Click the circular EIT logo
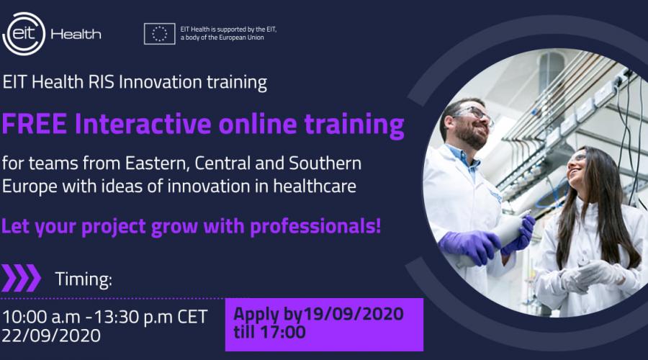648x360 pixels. (x=24, y=34)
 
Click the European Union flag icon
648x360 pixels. (x=160, y=33)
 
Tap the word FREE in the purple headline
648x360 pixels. (x=35, y=124)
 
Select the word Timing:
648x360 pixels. (x=84, y=279)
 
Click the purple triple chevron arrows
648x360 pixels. (x=21, y=278)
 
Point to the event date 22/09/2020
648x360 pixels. (x=51, y=336)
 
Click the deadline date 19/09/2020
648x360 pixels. (x=354, y=314)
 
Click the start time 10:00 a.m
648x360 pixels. (x=41, y=317)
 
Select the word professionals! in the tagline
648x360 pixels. (x=315, y=226)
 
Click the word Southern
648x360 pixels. (x=325, y=163)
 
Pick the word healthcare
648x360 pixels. (x=315, y=186)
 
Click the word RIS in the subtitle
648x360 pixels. (x=102, y=82)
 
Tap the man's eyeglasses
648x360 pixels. (x=475, y=113)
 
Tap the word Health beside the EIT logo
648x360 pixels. (x=76, y=34)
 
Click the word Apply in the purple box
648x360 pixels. (x=256, y=315)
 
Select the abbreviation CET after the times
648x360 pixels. (x=192, y=317)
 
